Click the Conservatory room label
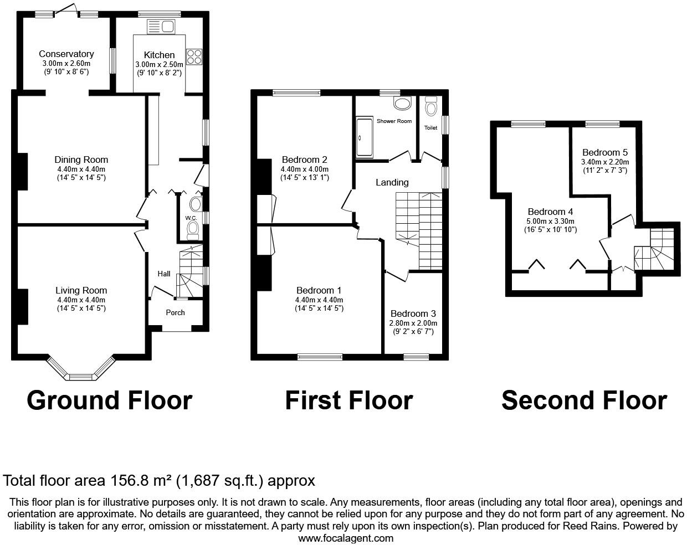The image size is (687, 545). [66, 54]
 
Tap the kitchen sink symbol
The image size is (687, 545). [161, 26]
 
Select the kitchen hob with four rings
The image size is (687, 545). [194, 56]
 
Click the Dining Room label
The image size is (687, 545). [81, 160]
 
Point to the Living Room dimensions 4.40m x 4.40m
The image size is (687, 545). [81, 300]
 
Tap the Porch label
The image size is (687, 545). [175, 312]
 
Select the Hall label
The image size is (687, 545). [164, 274]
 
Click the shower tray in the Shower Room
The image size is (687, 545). [365, 137]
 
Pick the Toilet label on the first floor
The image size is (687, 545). [430, 128]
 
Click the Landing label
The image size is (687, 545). [392, 182]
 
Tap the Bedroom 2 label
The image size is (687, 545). [304, 160]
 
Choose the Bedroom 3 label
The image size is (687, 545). [413, 313]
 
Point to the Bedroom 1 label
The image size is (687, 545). [319, 290]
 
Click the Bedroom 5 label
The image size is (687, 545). [604, 152]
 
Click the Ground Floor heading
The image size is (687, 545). [109, 400]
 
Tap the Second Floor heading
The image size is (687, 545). [583, 400]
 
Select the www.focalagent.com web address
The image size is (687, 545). [346, 538]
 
